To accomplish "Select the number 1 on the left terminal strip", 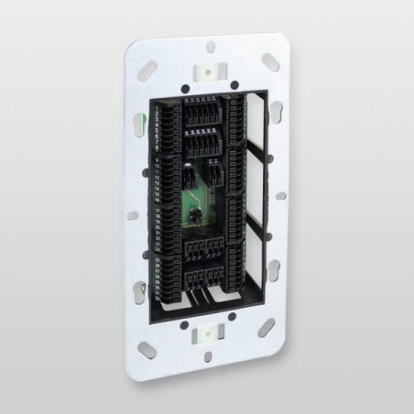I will click(158, 109).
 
